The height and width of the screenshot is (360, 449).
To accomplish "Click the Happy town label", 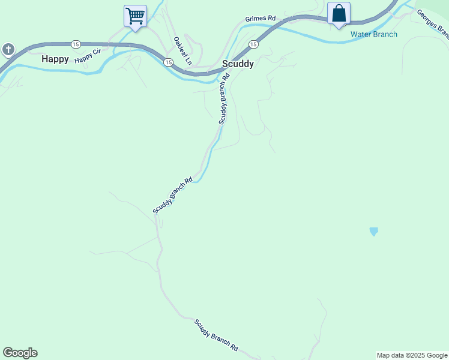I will (55, 59).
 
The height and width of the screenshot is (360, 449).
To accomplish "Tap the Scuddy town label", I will (238, 63).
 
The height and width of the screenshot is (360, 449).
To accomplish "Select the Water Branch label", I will (374, 34).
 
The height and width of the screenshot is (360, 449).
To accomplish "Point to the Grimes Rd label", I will (260, 19).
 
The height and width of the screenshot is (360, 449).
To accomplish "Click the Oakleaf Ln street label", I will (182, 51).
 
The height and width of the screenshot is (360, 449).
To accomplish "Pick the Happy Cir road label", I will (88, 57).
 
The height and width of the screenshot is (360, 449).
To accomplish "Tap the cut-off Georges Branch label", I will (432, 22).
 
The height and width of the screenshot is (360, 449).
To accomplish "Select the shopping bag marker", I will (339, 13).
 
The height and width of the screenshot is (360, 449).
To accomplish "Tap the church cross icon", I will (8, 49).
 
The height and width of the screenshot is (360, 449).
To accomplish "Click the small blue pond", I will (374, 231).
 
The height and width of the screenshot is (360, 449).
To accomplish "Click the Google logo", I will (20, 353).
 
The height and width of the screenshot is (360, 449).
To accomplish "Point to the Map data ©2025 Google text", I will (412, 355).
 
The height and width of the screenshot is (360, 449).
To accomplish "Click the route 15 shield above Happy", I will (75, 44).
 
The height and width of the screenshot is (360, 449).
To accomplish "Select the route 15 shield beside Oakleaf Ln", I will (168, 62).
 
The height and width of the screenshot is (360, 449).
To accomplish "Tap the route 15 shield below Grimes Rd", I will (253, 44).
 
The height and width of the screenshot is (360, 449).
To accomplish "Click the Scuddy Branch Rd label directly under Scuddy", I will (224, 98).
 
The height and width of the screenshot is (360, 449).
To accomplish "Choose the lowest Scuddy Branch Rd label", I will (216, 335).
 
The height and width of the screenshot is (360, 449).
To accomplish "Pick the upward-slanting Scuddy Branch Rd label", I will (172, 194).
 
